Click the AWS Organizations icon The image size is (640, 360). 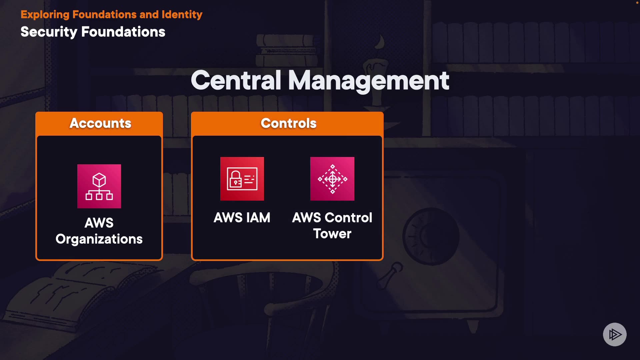coord(99,186)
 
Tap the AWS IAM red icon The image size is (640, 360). coord(242,179)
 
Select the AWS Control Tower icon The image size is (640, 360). coord(332,179)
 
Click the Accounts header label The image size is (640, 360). coord(100,123)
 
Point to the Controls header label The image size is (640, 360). coord(288,123)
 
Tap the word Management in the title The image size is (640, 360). coord(368,81)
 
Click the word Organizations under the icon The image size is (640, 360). coord(99,239)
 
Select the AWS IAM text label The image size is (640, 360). coord(242,218)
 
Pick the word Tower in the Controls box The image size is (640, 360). coord(332,234)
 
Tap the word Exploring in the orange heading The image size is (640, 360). coord(45,15)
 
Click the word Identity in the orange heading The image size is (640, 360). coord(182,15)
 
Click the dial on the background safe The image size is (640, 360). coord(431,236)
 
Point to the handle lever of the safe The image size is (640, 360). coord(390,275)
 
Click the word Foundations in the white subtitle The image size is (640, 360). coord(123,32)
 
